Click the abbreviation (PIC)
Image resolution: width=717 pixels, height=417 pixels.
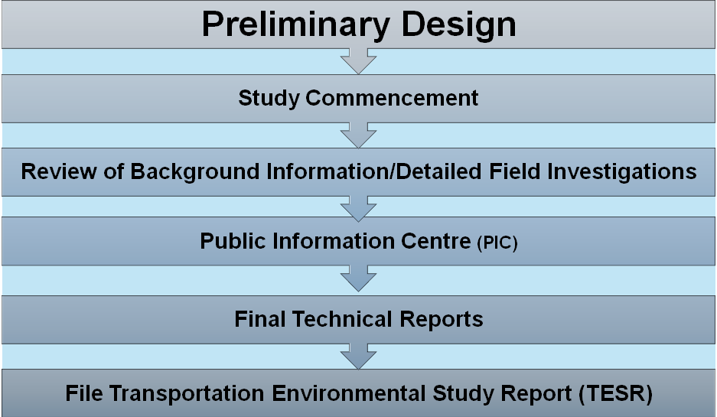(497, 243)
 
